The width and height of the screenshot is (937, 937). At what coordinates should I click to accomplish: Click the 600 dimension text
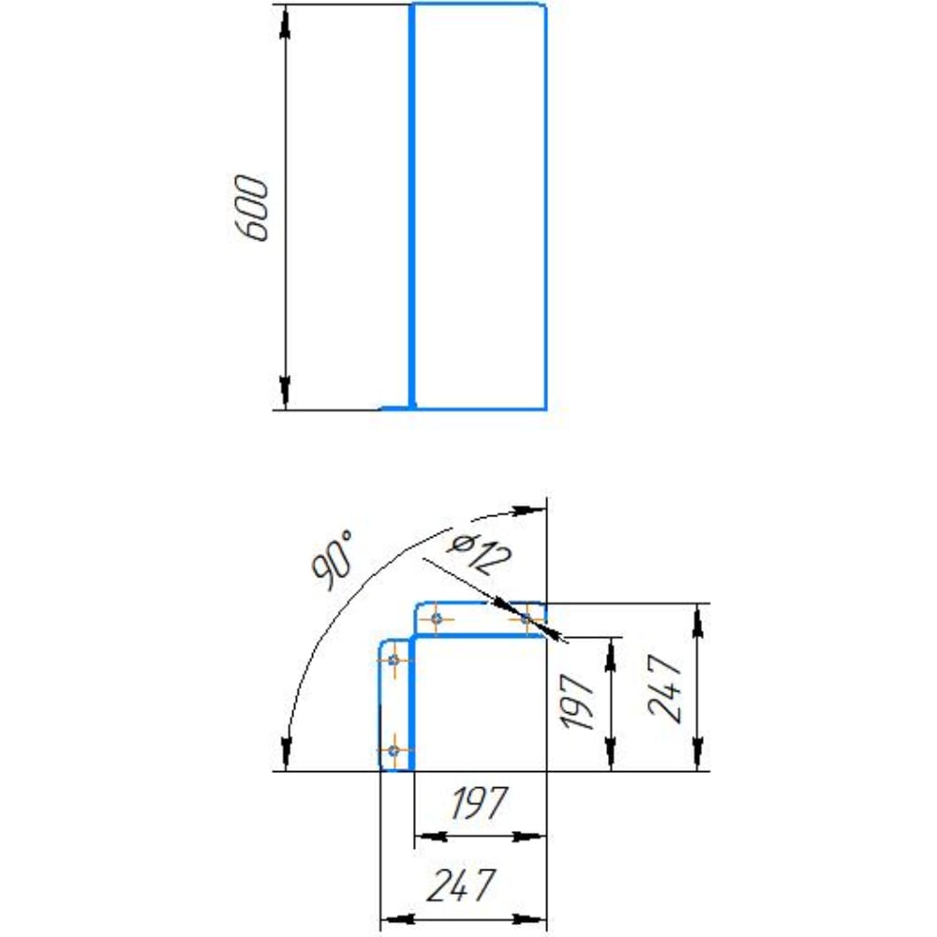250,208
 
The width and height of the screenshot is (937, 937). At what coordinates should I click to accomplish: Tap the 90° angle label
333,560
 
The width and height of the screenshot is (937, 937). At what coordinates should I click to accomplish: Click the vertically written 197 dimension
578,702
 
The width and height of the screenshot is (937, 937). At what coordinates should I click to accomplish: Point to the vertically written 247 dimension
664,689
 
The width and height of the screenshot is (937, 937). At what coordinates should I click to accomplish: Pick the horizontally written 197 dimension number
479,803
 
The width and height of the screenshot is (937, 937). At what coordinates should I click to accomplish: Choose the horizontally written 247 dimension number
461,885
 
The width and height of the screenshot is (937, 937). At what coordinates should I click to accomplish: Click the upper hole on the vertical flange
394,661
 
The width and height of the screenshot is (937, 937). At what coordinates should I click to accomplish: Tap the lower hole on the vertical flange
394,751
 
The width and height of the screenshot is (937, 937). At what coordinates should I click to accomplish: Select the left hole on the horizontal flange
437,618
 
